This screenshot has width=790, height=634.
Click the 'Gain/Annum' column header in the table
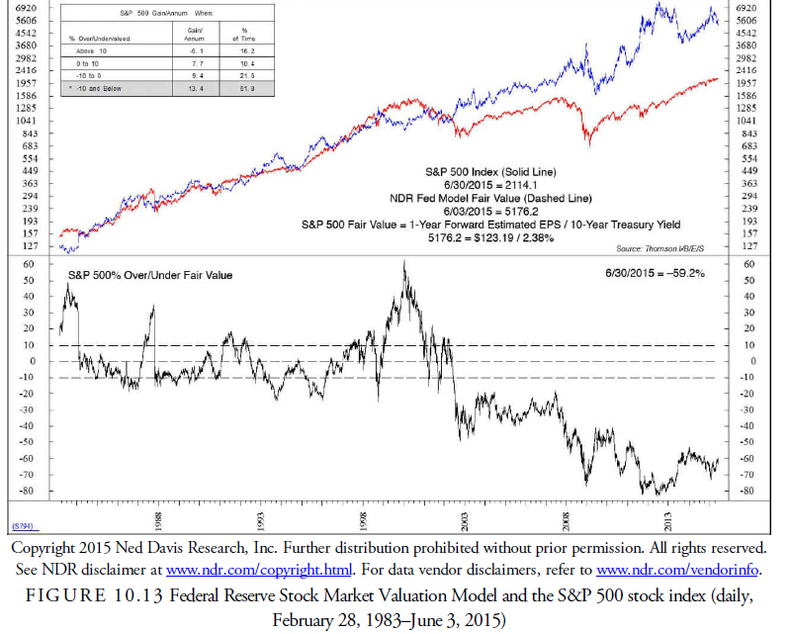click(x=195, y=35)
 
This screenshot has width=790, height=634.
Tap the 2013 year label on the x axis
click(x=671, y=519)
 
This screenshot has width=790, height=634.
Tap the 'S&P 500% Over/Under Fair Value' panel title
click(x=149, y=275)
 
